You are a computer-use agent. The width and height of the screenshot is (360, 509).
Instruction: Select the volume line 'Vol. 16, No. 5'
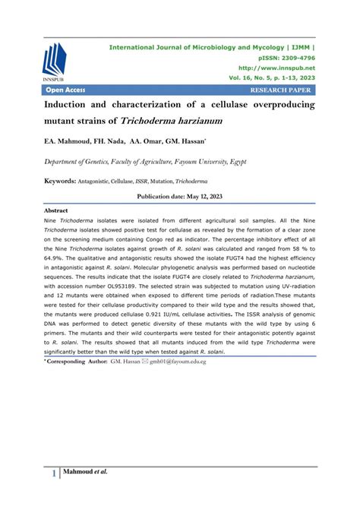pyautogui.click(x=248, y=78)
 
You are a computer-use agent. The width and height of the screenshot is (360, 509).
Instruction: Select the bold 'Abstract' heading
pyautogui.click(x=57, y=210)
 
